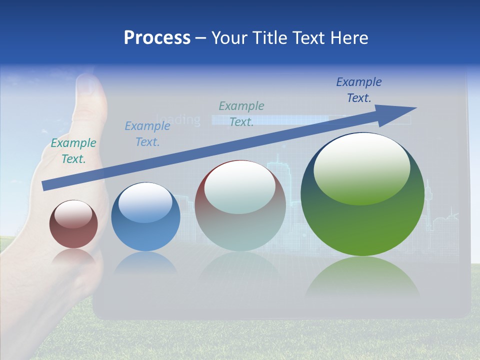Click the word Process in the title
pyautogui.click(x=157, y=37)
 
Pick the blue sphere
pyautogui.click(x=145, y=217)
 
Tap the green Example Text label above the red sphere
pyautogui.click(x=73, y=151)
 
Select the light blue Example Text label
pyautogui.click(x=147, y=134)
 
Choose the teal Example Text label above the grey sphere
pyautogui.click(x=241, y=113)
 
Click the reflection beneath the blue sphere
pyautogui.click(x=145, y=262)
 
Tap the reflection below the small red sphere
pyautogui.click(x=73, y=256)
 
